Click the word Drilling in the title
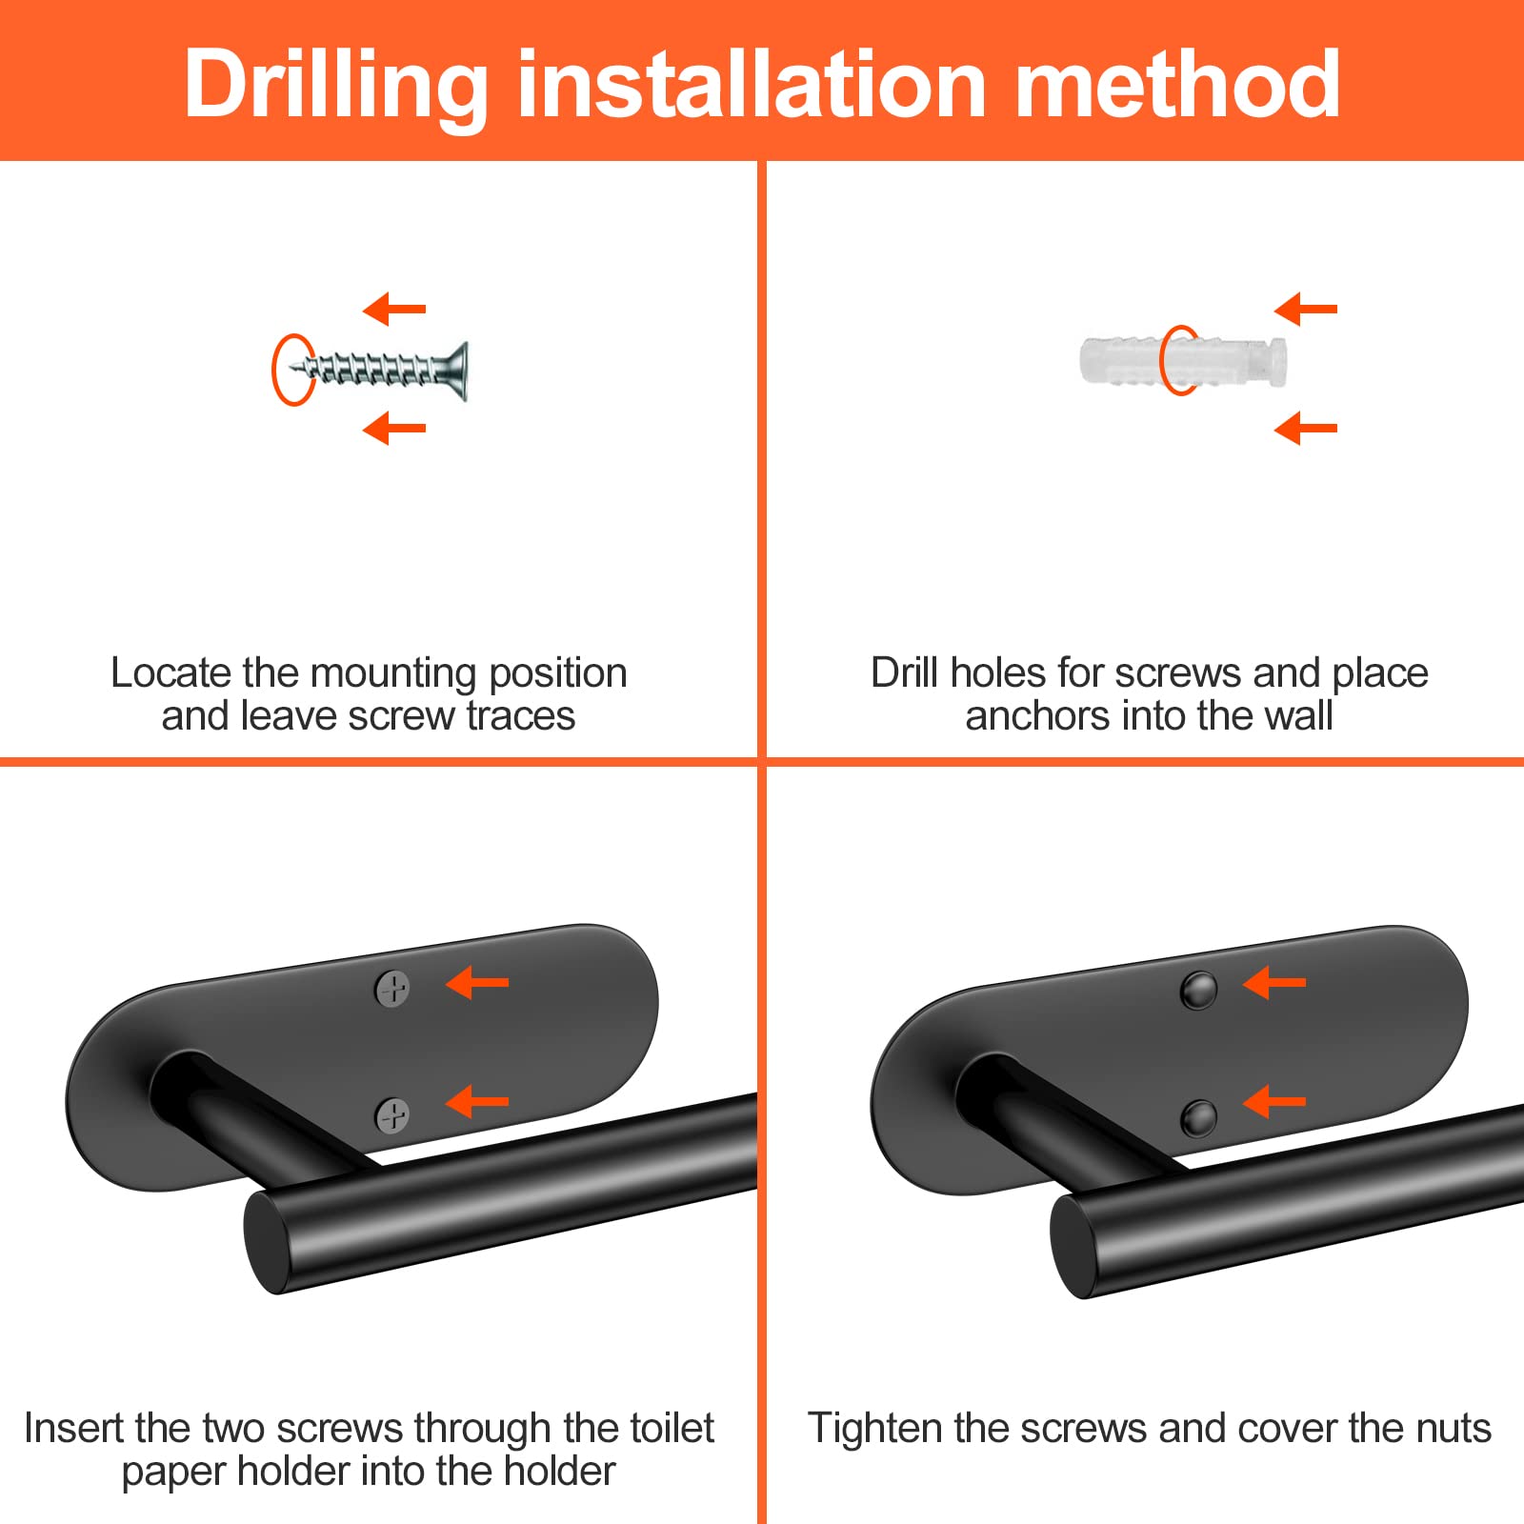click(x=336, y=86)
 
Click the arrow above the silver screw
click(x=394, y=309)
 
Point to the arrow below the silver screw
click(x=394, y=428)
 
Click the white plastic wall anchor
click(x=1183, y=361)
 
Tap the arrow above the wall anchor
click(x=1306, y=309)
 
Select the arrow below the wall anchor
click(x=1306, y=428)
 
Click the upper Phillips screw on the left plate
click(x=392, y=989)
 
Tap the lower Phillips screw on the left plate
click(x=392, y=1114)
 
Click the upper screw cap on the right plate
click(x=1198, y=991)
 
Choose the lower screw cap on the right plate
click(x=1198, y=1116)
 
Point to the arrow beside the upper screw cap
click(x=1274, y=982)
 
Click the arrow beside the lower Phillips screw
click(x=477, y=1102)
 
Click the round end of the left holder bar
click(x=270, y=1241)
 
